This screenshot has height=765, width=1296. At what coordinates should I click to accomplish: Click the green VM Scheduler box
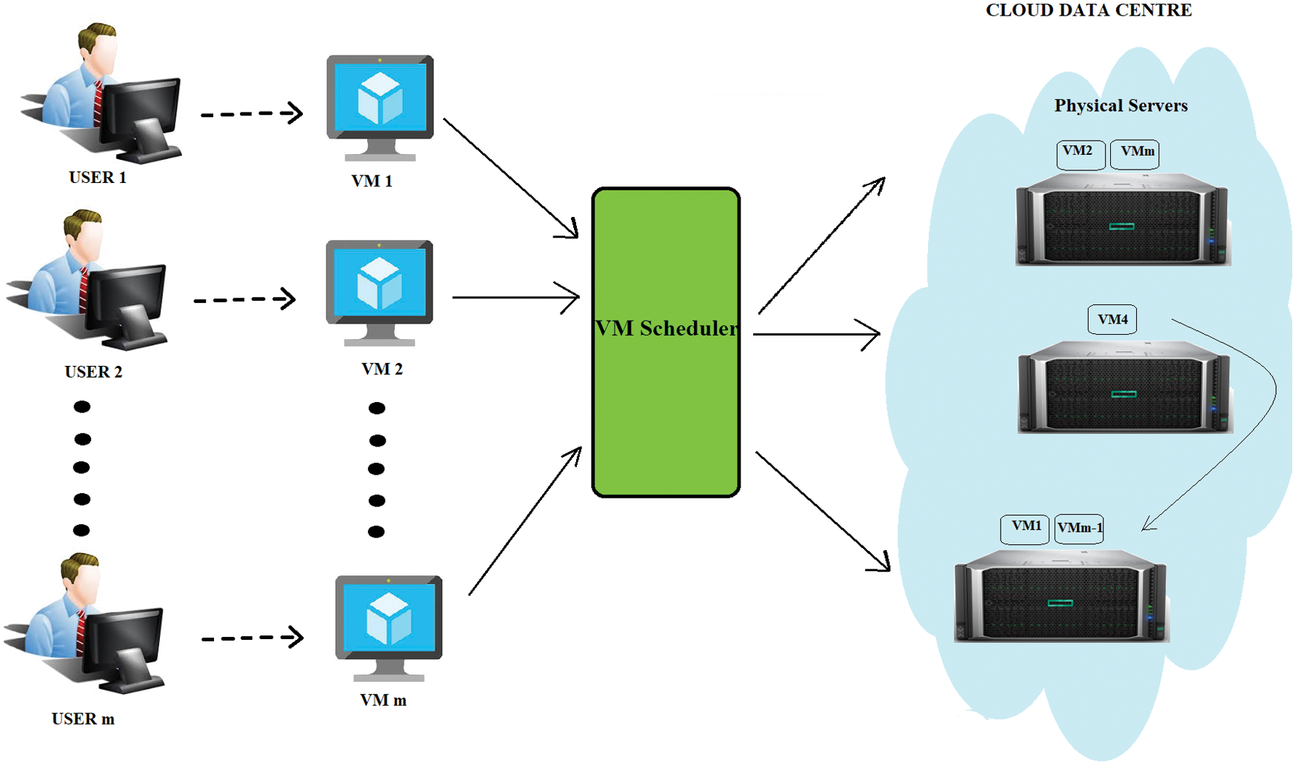pyautogui.click(x=666, y=342)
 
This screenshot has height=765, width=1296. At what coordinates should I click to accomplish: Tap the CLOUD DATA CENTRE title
pyautogui.click(x=1089, y=10)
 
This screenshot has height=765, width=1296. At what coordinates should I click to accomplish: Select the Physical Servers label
pyautogui.click(x=1120, y=106)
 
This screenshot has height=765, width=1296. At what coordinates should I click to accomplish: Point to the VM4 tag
pyautogui.click(x=1112, y=319)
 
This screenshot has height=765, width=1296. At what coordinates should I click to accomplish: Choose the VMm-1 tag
pyautogui.click(x=1079, y=529)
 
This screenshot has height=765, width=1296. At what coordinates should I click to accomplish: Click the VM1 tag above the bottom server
pyautogui.click(x=1025, y=529)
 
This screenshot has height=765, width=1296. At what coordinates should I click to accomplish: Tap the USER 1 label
pyautogui.click(x=98, y=178)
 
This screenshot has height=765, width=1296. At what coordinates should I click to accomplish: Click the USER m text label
pyautogui.click(x=83, y=719)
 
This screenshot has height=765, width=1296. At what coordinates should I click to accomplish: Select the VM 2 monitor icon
pyautogui.click(x=379, y=293)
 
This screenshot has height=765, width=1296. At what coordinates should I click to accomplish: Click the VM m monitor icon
pyautogui.click(x=389, y=628)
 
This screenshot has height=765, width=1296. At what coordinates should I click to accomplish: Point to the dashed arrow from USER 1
pyautogui.click(x=252, y=113)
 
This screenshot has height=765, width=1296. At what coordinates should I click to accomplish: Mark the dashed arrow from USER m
pyautogui.click(x=253, y=638)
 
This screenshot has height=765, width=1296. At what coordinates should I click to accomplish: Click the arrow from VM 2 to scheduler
pyautogui.click(x=515, y=298)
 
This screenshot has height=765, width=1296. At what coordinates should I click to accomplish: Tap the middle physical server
pyautogui.click(x=1124, y=387)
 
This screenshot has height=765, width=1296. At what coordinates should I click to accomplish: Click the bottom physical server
pyautogui.click(x=1060, y=596)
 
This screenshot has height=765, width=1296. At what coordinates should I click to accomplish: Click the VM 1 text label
pyautogui.click(x=372, y=181)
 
